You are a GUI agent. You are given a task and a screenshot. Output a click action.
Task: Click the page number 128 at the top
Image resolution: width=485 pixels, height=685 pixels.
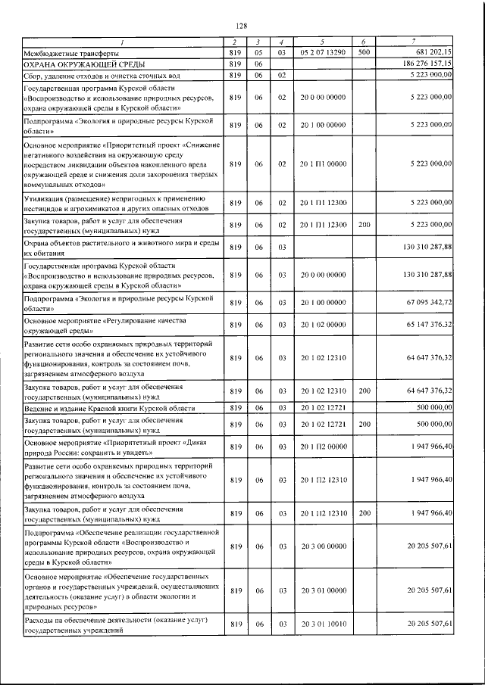[x=242, y=26]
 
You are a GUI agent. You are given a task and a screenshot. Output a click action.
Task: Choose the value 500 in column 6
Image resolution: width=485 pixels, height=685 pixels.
[x=364, y=52]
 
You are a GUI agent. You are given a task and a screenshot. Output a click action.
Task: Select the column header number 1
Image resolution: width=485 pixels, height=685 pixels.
[x=124, y=41]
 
